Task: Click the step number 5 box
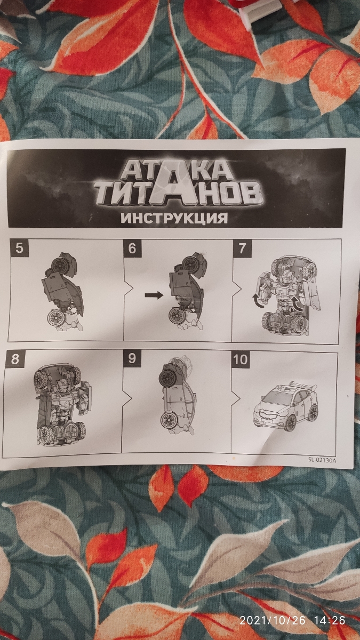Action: click(x=19, y=247)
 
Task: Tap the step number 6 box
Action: click(x=132, y=248)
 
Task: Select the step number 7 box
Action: click(x=242, y=248)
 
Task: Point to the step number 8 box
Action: click(x=15, y=359)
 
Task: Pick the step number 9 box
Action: click(x=131, y=359)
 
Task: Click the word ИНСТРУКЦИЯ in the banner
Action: click(x=174, y=218)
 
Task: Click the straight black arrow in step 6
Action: click(x=154, y=295)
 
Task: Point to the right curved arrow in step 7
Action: click(x=298, y=303)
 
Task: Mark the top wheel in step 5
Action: click(x=60, y=265)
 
